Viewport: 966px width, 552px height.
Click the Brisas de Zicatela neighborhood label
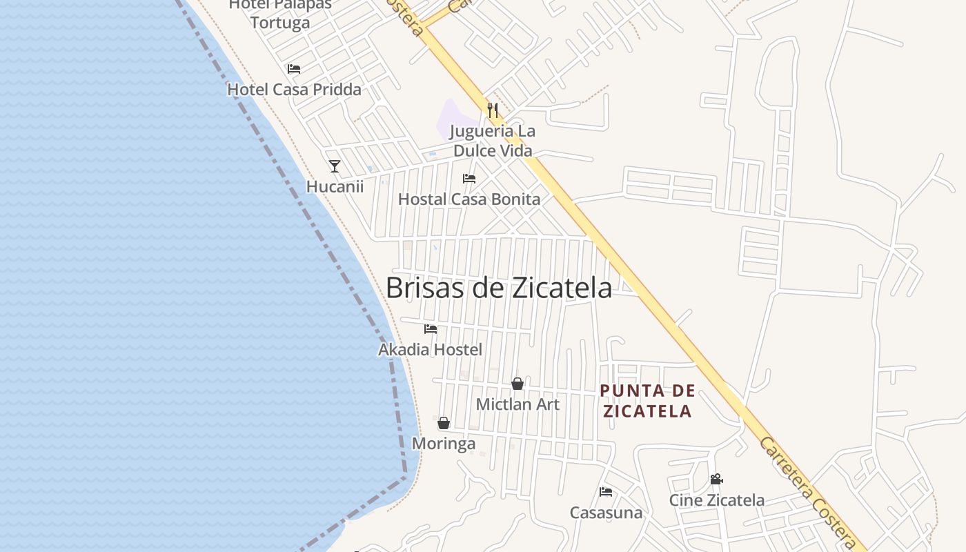point(498,288)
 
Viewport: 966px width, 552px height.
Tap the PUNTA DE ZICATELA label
point(647,401)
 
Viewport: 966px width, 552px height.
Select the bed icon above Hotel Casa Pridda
point(294,69)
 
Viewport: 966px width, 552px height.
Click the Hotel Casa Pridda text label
point(294,90)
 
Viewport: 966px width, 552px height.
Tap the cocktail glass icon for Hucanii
point(335,166)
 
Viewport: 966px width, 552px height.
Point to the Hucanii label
point(335,186)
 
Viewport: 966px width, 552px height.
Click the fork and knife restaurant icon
point(492,110)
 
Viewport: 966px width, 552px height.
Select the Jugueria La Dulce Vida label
point(492,141)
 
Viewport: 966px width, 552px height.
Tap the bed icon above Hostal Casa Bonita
point(469,179)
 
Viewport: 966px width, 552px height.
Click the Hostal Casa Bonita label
point(469,199)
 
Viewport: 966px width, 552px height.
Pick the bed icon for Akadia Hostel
point(431,329)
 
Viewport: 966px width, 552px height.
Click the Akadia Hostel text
point(430,350)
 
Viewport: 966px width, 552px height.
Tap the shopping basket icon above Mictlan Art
point(517,384)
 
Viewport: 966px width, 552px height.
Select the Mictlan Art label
point(517,404)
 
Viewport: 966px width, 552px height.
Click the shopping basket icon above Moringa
point(444,423)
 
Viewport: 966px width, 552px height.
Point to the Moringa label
point(444,444)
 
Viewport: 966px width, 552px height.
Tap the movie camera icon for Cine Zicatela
point(716,479)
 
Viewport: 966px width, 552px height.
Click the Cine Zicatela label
point(716,500)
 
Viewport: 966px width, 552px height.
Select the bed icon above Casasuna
point(606,492)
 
